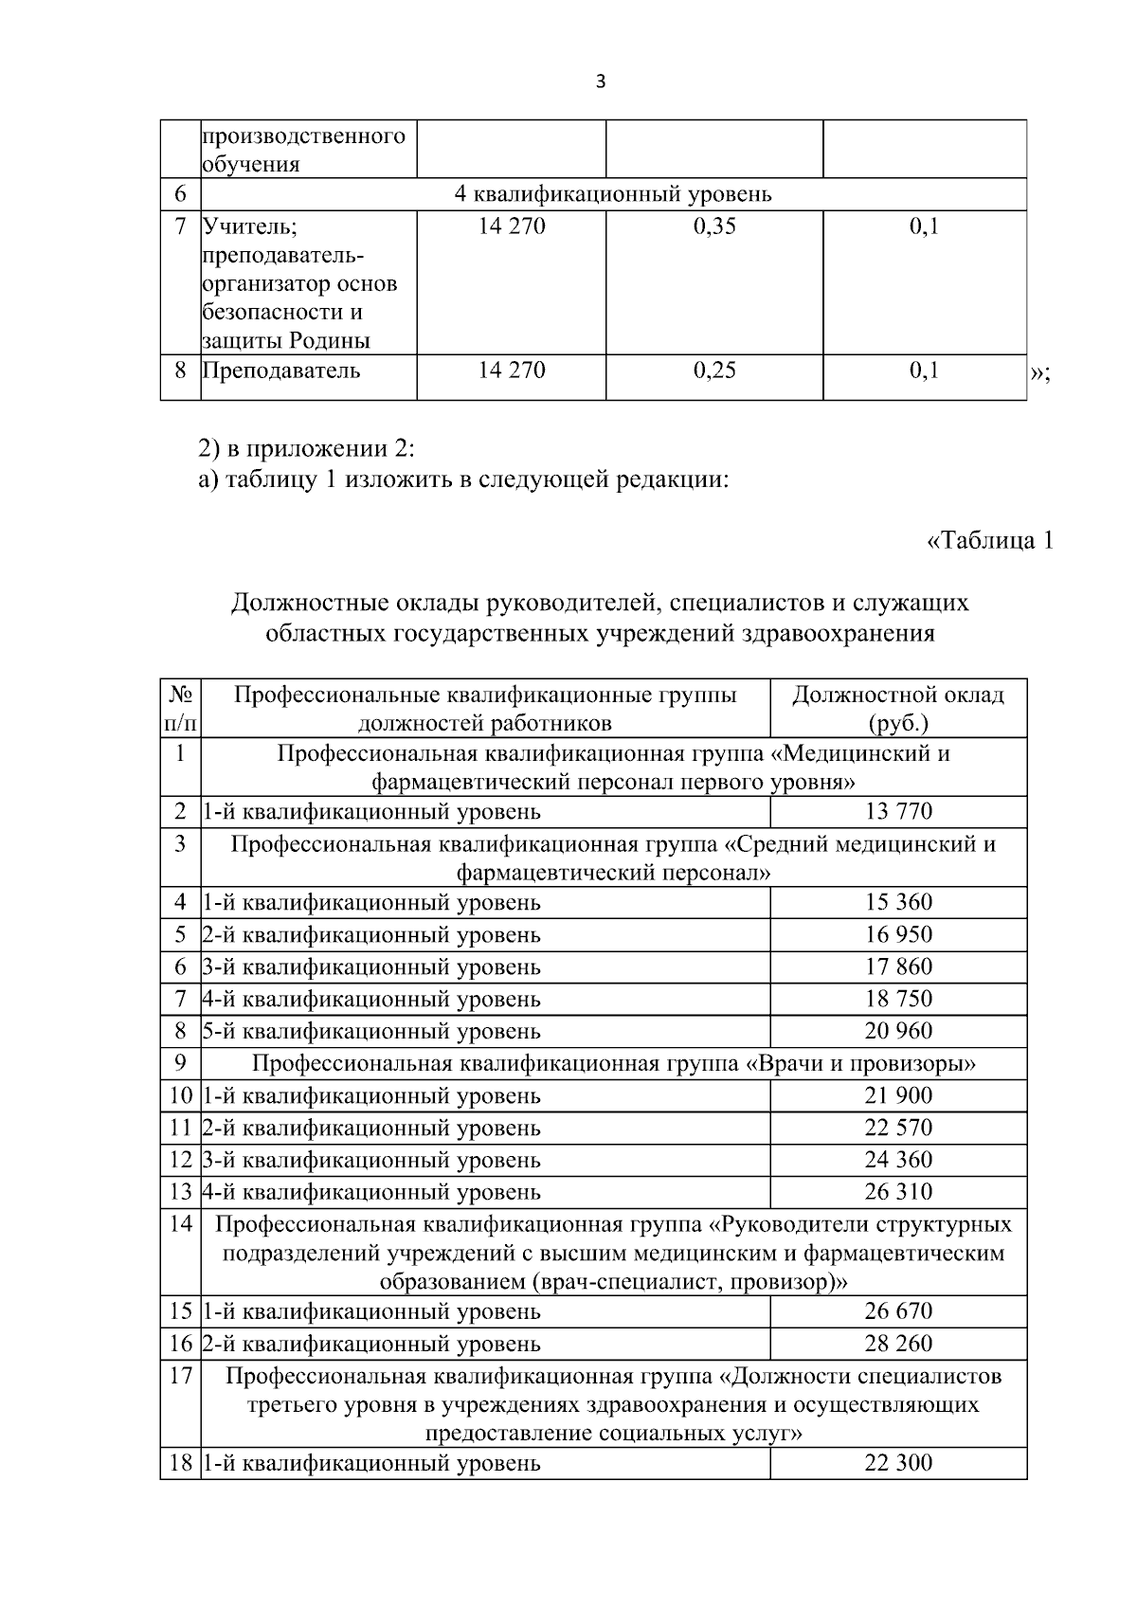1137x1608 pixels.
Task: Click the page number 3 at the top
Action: (x=600, y=81)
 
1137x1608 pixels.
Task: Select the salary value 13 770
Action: (x=898, y=811)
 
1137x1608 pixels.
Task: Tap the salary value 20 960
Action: (x=898, y=1031)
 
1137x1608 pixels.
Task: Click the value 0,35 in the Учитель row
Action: (x=714, y=226)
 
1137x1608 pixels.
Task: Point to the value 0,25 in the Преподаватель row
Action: (x=714, y=370)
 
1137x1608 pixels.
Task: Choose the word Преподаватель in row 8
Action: (x=281, y=370)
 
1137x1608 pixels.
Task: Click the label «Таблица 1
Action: (x=989, y=541)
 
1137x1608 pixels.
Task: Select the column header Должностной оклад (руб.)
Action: (x=898, y=709)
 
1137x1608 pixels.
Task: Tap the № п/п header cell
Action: (x=180, y=709)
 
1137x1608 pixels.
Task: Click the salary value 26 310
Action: (x=898, y=1191)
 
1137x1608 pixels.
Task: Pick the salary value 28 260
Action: (x=898, y=1344)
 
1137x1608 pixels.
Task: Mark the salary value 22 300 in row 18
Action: (x=898, y=1463)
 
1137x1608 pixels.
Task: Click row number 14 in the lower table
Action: (x=180, y=1223)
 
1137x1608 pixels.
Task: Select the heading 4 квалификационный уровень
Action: (x=613, y=194)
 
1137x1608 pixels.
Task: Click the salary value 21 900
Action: (x=898, y=1095)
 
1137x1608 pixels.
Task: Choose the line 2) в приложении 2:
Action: (x=307, y=448)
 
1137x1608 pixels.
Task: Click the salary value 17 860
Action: (x=898, y=967)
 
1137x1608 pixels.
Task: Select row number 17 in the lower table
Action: (x=180, y=1376)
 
